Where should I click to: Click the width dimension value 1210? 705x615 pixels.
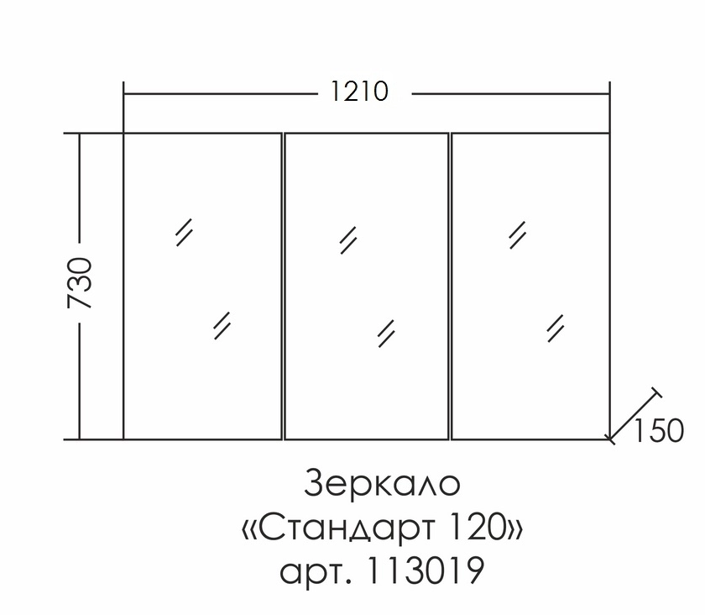point(359,92)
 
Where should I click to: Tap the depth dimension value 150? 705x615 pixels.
point(660,430)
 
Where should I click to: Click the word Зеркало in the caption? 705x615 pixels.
point(383,486)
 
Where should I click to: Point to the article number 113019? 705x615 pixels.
point(426,572)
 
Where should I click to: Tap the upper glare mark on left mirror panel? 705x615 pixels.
point(185,231)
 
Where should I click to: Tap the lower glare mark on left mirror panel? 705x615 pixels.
point(222,325)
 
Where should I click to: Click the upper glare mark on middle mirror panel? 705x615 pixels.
point(348,240)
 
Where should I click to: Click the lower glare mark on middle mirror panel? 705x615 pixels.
point(386,332)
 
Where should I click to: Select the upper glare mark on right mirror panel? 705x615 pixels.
point(517,235)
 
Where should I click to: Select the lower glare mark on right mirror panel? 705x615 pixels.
point(555,327)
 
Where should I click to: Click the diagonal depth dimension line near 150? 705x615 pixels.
point(631,418)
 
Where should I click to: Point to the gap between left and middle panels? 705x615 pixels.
point(283,286)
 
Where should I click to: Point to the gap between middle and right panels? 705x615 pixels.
point(450,286)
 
